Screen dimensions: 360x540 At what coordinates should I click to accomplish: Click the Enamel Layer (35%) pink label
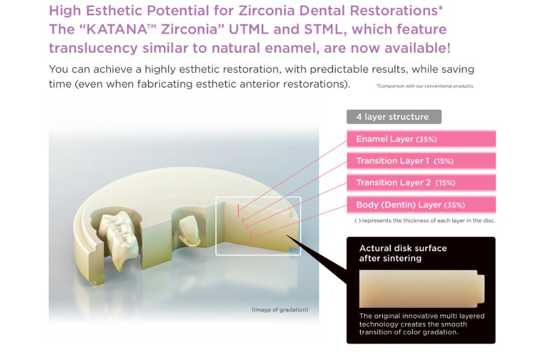[396, 139]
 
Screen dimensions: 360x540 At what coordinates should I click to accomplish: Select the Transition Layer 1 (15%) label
[404, 161]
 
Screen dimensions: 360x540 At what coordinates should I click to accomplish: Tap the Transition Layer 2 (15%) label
[405, 182]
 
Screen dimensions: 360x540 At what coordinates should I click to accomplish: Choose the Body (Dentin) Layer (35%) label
[410, 205]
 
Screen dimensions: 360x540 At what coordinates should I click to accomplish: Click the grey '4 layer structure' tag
[393, 117]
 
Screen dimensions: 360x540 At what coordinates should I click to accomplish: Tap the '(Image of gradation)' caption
[280, 310]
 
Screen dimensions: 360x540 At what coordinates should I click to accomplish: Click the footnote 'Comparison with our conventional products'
[425, 86]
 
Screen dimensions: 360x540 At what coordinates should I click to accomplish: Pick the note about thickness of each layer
[425, 221]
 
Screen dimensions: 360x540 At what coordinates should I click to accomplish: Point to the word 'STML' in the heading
[302, 29]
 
